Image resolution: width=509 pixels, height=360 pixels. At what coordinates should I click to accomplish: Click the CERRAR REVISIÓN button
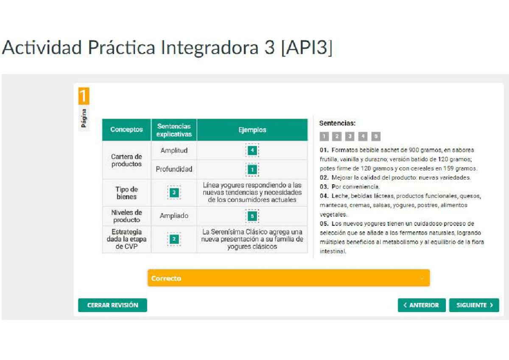point(112,305)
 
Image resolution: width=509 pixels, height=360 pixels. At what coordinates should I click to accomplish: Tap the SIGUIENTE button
point(474,305)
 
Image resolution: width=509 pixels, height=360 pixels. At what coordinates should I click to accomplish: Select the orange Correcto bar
point(288,278)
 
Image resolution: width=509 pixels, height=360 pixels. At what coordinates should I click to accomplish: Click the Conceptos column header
point(126,130)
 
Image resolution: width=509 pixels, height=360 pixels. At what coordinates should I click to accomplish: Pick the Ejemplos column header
point(252,130)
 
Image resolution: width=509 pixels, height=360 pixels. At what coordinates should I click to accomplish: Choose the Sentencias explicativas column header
point(174,130)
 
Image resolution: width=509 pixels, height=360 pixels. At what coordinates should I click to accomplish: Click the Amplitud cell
point(174,150)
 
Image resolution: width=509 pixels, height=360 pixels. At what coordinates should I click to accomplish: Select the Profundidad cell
point(174,169)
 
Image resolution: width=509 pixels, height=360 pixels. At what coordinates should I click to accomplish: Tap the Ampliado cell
point(174,216)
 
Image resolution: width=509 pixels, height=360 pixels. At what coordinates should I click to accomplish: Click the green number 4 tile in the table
point(252,150)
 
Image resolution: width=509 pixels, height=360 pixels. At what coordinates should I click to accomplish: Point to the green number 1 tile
point(252,170)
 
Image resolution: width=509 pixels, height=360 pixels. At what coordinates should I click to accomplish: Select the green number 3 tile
point(174,192)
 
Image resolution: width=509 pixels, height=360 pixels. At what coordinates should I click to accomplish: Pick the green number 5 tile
point(252,216)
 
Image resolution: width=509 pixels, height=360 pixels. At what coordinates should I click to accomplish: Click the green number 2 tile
point(174,239)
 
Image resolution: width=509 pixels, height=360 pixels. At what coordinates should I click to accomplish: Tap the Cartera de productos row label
point(126,160)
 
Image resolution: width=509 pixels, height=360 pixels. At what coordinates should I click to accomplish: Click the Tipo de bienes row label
point(126,193)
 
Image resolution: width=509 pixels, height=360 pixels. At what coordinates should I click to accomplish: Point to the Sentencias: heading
point(337,123)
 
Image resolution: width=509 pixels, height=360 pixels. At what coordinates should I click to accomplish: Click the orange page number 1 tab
point(84,96)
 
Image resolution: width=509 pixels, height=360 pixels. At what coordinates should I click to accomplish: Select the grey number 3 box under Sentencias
point(350,136)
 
